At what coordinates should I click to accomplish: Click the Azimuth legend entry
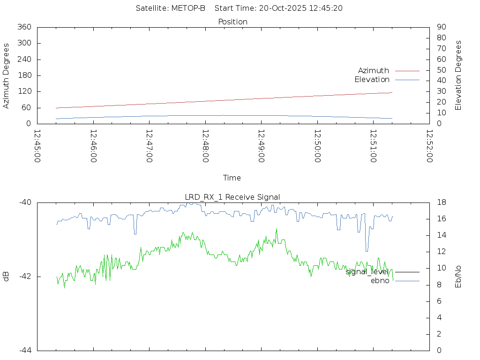[374, 70]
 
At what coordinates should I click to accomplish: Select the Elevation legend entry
[372, 79]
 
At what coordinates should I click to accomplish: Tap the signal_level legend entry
[367, 271]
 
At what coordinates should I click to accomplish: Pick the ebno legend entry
[380, 281]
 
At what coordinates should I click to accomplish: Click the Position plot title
[233, 22]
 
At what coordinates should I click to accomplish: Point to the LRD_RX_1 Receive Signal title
[232, 197]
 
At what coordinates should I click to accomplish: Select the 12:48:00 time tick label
[205, 146]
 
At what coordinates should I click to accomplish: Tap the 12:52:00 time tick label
[429, 146]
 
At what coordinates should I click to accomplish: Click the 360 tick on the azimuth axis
[24, 27]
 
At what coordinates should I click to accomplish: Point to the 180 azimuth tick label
[24, 75]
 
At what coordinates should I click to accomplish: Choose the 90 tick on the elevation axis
[441, 27]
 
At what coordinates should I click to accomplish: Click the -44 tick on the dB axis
[25, 350]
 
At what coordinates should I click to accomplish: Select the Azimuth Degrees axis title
[7, 75]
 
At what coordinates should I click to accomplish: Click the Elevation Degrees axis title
[458, 75]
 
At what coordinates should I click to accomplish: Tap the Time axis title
[232, 178]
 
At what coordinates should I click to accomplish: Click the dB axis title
[7, 277]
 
